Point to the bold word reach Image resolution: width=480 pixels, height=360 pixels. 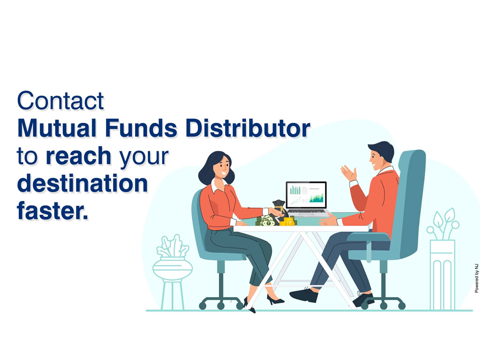78,156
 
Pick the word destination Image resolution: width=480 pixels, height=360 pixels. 82,183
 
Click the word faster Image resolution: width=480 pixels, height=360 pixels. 52,210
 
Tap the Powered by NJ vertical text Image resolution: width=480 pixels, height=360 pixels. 476,278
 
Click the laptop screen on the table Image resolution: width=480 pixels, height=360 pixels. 306,195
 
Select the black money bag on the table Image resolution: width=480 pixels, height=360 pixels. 279,209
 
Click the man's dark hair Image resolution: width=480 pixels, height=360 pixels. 383,150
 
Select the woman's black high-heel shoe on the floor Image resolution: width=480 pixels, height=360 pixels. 275,300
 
